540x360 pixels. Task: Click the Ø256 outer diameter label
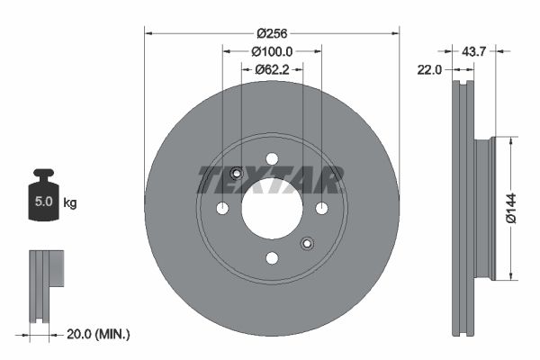[272, 33]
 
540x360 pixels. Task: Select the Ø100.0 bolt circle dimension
[272, 51]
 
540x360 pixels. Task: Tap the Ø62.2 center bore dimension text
[272, 68]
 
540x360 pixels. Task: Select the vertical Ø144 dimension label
[509, 206]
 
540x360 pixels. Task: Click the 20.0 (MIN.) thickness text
[98, 334]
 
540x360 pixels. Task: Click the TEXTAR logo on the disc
[271, 180]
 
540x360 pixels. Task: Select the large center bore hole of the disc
[272, 208]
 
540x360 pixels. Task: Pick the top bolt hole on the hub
[272, 158]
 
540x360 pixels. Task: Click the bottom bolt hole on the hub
[272, 257]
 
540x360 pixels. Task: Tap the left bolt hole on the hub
[222, 208]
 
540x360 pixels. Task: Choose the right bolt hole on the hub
[321, 208]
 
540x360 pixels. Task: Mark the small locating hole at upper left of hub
[237, 174]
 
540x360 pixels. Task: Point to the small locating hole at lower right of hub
[307, 242]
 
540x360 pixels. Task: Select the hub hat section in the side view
[484, 208]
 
